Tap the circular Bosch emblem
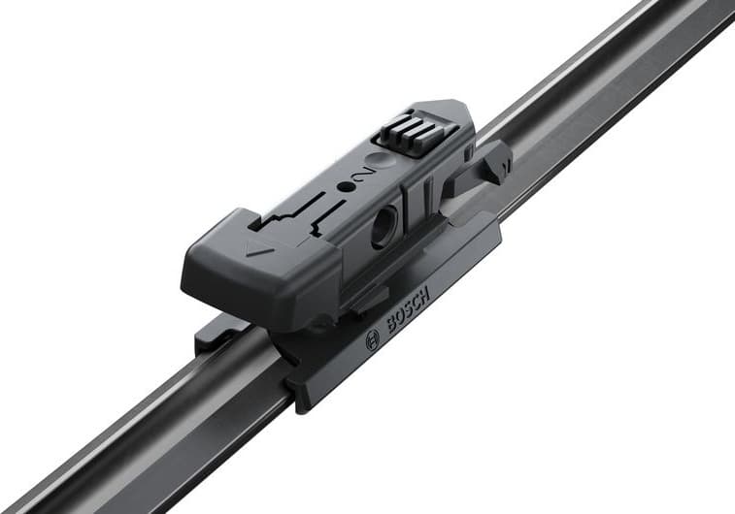[372, 340]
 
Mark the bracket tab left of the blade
[211, 335]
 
